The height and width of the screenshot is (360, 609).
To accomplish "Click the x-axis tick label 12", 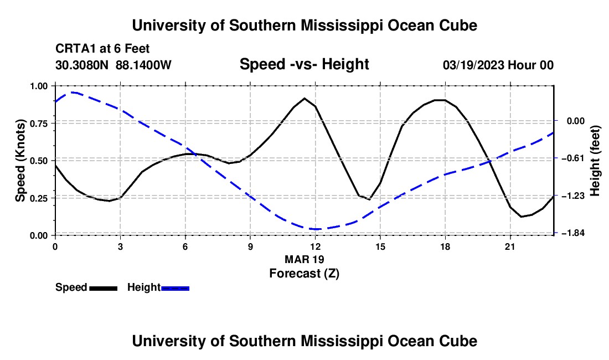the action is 316,246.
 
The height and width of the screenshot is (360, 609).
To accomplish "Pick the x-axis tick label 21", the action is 509,246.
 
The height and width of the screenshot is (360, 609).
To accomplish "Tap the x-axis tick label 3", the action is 120,246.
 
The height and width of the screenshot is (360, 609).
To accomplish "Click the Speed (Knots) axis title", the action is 20,161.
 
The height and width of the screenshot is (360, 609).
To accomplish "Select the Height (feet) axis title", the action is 595,161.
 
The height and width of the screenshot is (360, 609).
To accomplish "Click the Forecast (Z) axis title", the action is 304,274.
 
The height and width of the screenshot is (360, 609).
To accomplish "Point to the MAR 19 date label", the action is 304,259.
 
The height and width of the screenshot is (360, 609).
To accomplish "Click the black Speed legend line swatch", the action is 104,288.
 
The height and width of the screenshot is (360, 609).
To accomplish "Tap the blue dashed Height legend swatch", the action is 175,288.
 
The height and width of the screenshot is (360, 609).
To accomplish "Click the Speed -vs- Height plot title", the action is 304,64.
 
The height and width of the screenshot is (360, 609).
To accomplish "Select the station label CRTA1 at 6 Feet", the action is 102,49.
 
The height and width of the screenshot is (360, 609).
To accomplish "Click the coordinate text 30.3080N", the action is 82,65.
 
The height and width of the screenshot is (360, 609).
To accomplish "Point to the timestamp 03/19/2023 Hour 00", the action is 498,65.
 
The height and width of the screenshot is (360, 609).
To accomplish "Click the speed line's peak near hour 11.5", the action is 304,98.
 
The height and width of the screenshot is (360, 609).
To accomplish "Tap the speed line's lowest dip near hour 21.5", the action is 521,217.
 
